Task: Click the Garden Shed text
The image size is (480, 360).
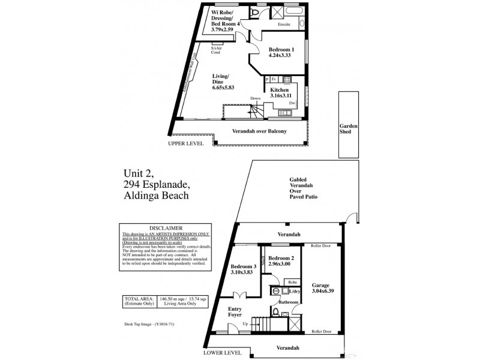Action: [x=349, y=129]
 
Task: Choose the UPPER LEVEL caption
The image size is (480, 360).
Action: [x=187, y=144]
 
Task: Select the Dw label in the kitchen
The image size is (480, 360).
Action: [x=292, y=103]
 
